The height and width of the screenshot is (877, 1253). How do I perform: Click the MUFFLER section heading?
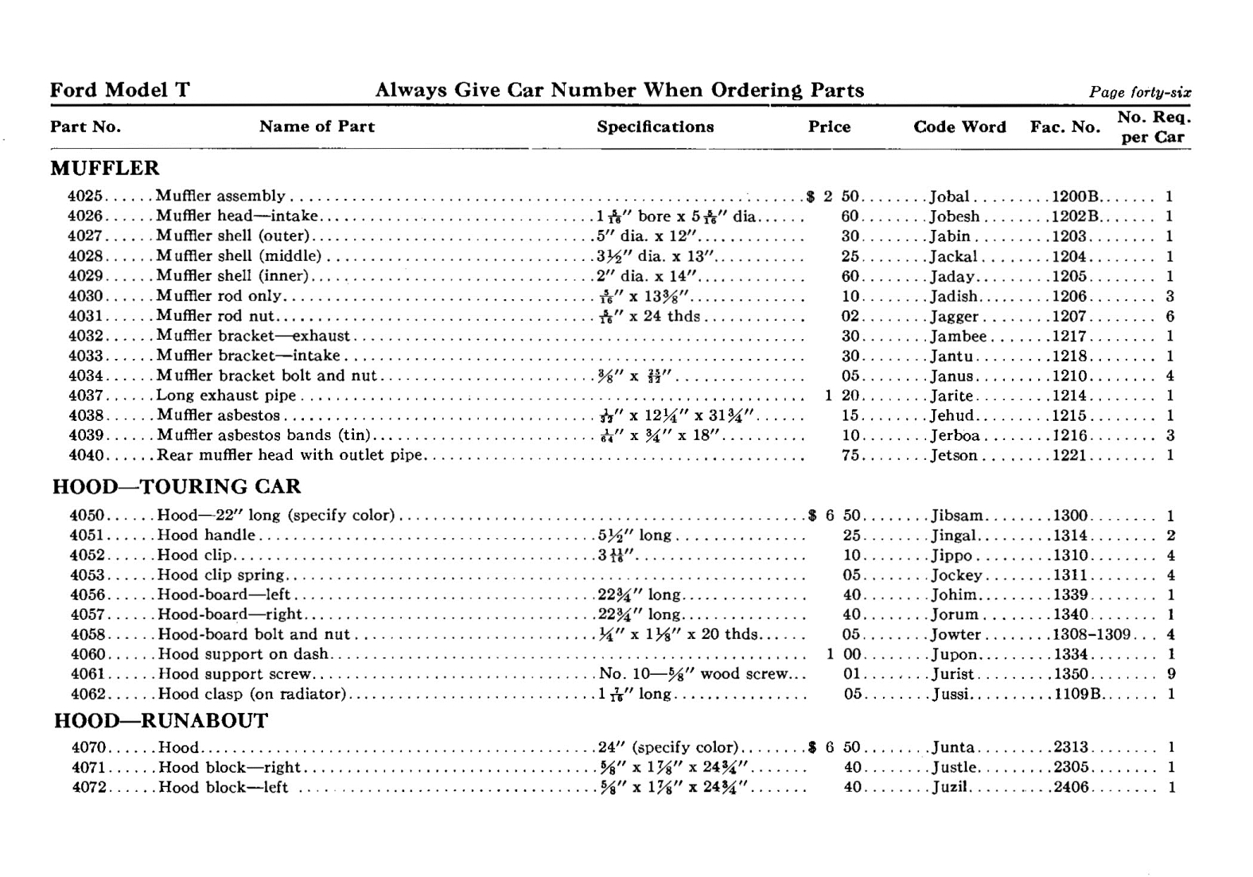104,169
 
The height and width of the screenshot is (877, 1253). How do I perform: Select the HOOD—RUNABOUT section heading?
161,721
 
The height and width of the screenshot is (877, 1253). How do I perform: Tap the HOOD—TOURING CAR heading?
177,487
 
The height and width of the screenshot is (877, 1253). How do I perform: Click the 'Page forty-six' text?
1139,92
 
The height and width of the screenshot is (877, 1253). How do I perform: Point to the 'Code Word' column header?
959,127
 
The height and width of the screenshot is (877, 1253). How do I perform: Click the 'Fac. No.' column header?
1064,127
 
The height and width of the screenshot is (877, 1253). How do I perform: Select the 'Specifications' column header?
655,127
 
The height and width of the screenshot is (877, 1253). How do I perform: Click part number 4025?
86,197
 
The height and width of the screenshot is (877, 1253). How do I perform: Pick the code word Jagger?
954,317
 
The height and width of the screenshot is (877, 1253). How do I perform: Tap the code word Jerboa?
955,436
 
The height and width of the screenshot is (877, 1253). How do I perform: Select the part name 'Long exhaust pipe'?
226,396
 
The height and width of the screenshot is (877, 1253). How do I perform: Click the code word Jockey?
957,575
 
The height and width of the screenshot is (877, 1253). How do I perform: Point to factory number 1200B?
1075,197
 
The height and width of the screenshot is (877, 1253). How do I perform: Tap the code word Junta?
953,747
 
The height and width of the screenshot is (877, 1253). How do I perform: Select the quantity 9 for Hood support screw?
1171,674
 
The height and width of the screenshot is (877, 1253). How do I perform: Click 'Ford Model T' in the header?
119,91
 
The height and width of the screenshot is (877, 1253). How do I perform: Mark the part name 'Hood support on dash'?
243,654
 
